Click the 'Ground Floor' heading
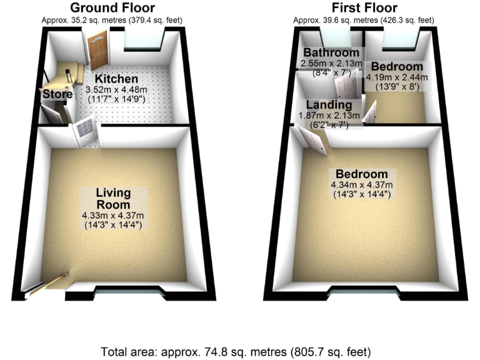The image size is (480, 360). point(112,8)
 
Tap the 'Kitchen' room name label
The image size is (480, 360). point(116,79)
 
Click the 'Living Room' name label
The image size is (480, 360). point(113,198)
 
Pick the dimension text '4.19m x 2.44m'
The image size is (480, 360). point(397,77)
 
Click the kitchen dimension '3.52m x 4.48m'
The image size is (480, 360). point(116,90)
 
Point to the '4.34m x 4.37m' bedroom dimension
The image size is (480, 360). point(361,185)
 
